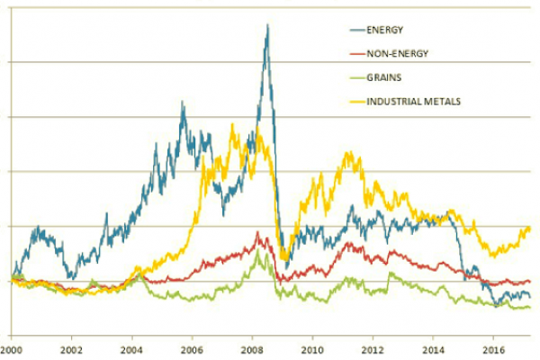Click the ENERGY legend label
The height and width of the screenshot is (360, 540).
(x=384, y=30)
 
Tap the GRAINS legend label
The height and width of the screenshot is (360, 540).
(x=383, y=77)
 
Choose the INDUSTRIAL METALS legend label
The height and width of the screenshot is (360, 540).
(x=414, y=102)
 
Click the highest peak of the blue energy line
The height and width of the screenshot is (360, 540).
(x=267, y=25)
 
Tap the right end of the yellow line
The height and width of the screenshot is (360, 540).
(x=529, y=229)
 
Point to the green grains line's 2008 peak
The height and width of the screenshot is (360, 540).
(x=259, y=251)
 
